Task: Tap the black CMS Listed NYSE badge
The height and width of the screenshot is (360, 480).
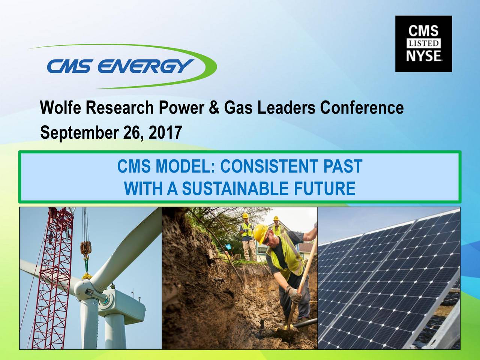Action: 423,44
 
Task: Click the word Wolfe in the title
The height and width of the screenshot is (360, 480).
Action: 61,108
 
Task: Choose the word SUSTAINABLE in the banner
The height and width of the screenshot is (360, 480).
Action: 236,188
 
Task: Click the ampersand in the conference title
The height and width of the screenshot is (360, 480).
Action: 213,108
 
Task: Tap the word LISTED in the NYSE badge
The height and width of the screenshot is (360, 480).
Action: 424,44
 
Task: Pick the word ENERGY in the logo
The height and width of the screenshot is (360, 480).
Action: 146,67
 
